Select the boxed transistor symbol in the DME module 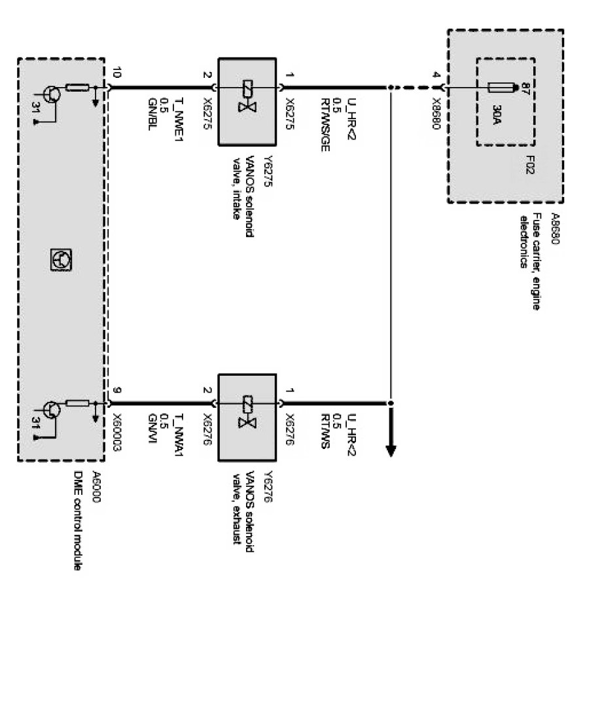(62, 260)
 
